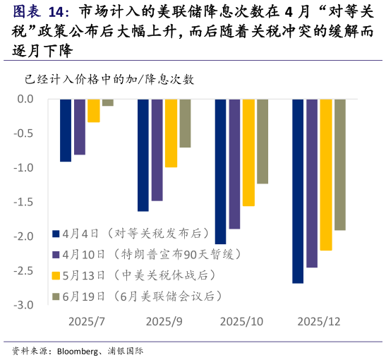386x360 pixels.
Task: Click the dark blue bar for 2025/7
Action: (x=66, y=131)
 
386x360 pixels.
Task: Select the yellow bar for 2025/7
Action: (x=94, y=111)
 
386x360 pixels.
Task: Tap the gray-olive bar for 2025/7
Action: (x=108, y=103)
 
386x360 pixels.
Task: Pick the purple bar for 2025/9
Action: (x=157, y=150)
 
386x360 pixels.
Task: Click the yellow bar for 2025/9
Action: (x=171, y=133)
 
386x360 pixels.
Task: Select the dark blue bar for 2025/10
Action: (x=220, y=172)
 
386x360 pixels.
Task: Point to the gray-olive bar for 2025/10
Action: (x=263, y=141)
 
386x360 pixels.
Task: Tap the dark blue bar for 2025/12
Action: (x=298, y=191)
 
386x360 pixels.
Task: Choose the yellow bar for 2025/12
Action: (x=326, y=175)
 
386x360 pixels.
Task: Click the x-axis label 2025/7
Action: (x=87, y=321)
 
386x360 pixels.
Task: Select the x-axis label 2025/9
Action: (x=164, y=321)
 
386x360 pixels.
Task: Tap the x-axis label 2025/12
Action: (x=319, y=321)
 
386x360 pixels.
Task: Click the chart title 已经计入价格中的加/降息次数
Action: (x=109, y=79)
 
